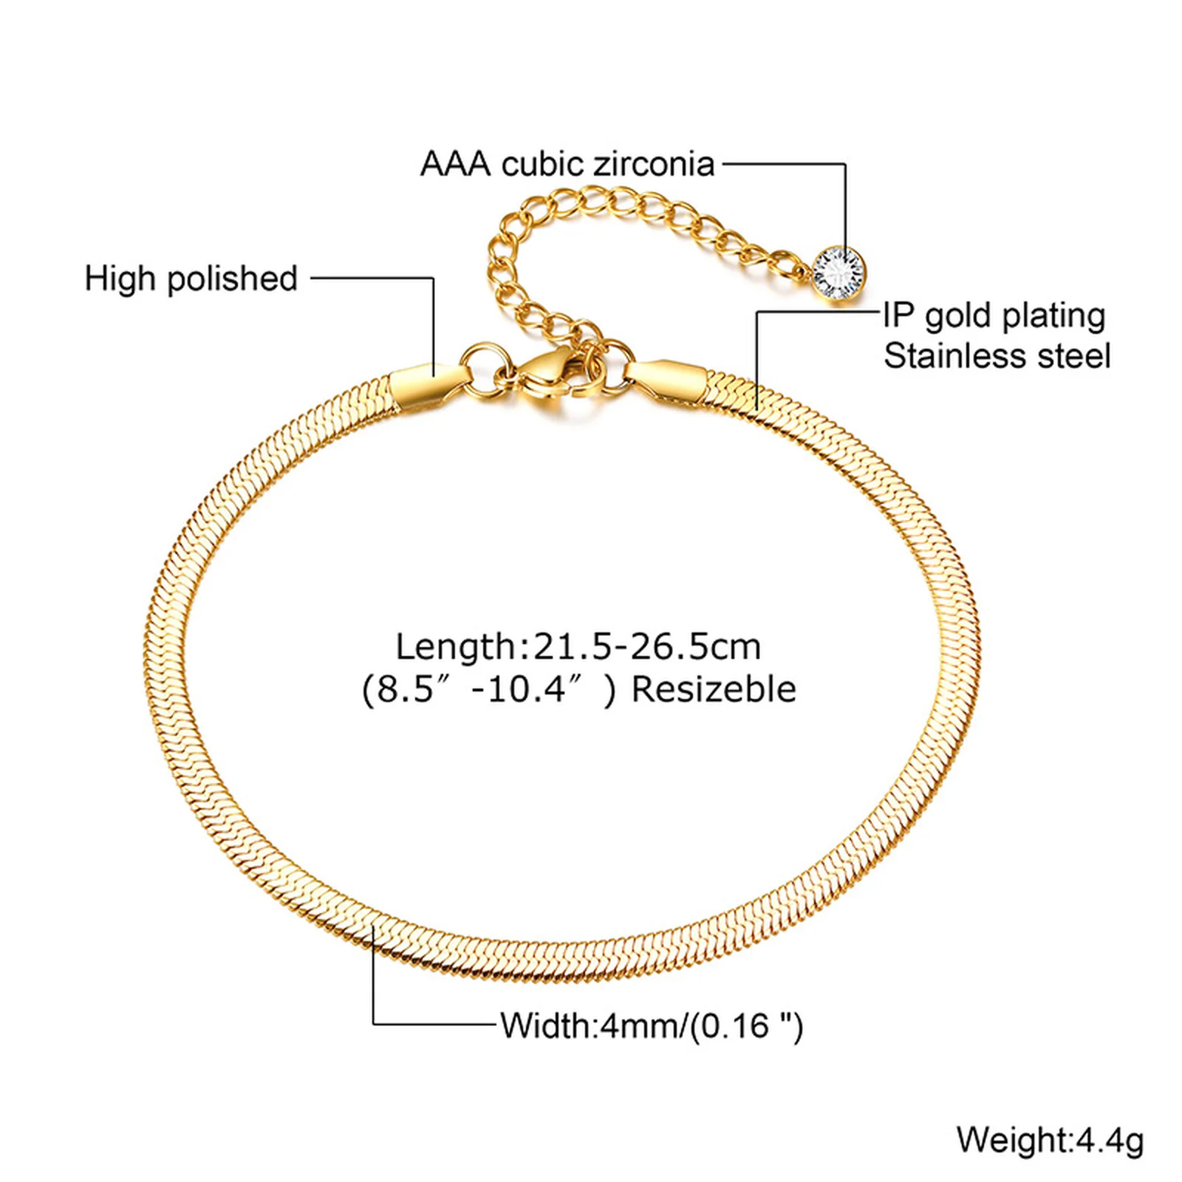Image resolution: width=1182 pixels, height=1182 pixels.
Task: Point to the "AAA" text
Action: tap(455, 164)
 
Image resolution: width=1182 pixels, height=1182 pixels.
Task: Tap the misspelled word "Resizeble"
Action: tap(714, 689)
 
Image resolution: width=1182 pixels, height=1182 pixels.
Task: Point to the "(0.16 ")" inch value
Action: tap(746, 1027)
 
